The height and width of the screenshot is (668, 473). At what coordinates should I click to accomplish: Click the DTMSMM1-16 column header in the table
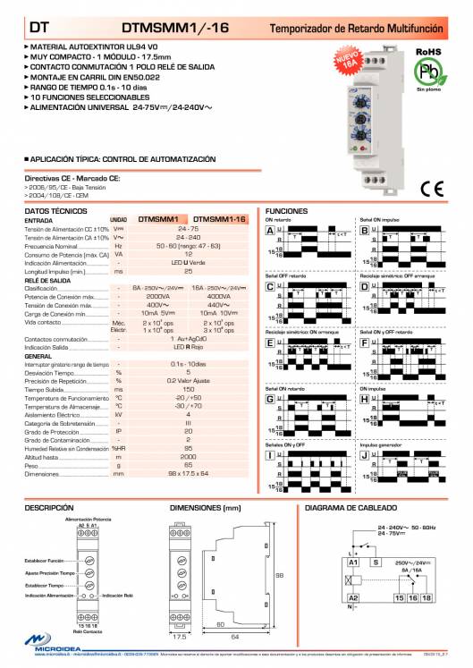tap(219, 218)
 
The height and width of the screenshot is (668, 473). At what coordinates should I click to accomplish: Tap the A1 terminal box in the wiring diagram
tap(354, 562)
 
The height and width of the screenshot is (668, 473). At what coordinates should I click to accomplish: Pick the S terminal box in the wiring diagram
tap(377, 562)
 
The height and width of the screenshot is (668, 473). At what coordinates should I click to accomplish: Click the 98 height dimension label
tap(278, 575)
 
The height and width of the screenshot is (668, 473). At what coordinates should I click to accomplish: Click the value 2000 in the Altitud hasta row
tap(188, 457)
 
